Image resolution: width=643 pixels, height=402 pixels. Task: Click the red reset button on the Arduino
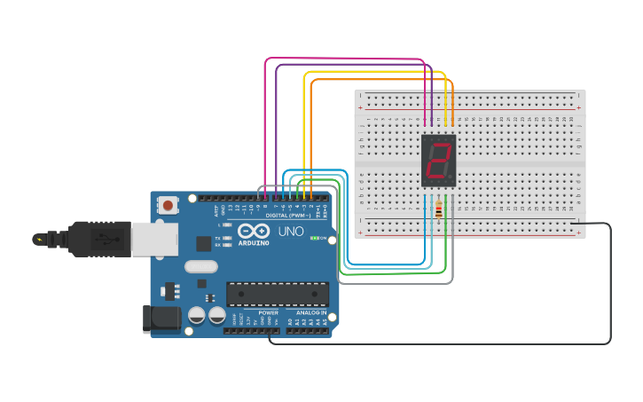(168, 206)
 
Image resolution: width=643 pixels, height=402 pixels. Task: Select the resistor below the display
(439, 210)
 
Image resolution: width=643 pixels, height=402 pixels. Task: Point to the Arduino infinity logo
(253, 231)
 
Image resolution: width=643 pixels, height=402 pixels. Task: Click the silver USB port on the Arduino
(154, 238)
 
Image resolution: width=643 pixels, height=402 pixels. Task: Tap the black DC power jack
(161, 319)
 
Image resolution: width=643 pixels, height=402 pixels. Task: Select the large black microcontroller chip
(278, 295)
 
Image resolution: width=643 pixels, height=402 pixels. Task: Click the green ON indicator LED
(314, 238)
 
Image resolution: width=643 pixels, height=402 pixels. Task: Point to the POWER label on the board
(268, 312)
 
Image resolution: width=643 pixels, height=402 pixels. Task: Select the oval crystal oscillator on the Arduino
(201, 266)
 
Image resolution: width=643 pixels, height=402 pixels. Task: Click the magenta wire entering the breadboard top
(425, 98)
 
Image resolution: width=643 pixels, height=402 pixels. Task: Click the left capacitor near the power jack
(196, 315)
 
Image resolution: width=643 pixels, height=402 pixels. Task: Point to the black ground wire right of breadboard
(610, 284)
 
